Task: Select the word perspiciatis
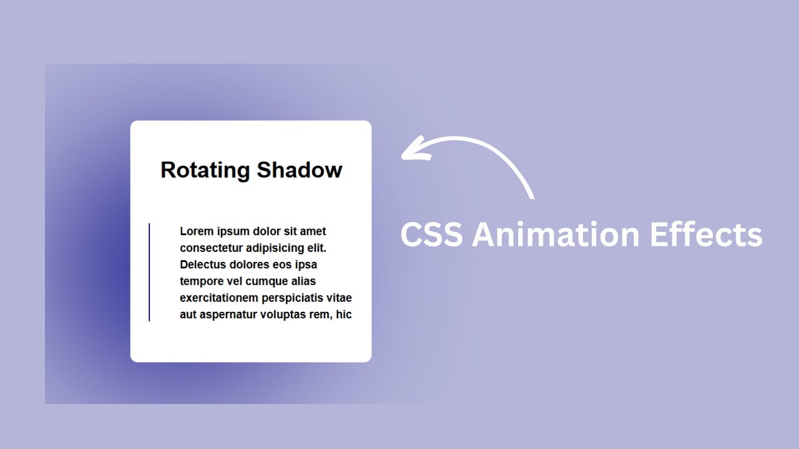click(293, 298)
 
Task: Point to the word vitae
click(340, 298)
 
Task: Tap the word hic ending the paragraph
click(344, 315)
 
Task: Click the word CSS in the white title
click(431, 235)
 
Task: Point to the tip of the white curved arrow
click(403, 156)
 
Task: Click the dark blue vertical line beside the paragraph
click(149, 273)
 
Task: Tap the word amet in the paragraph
click(313, 231)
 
